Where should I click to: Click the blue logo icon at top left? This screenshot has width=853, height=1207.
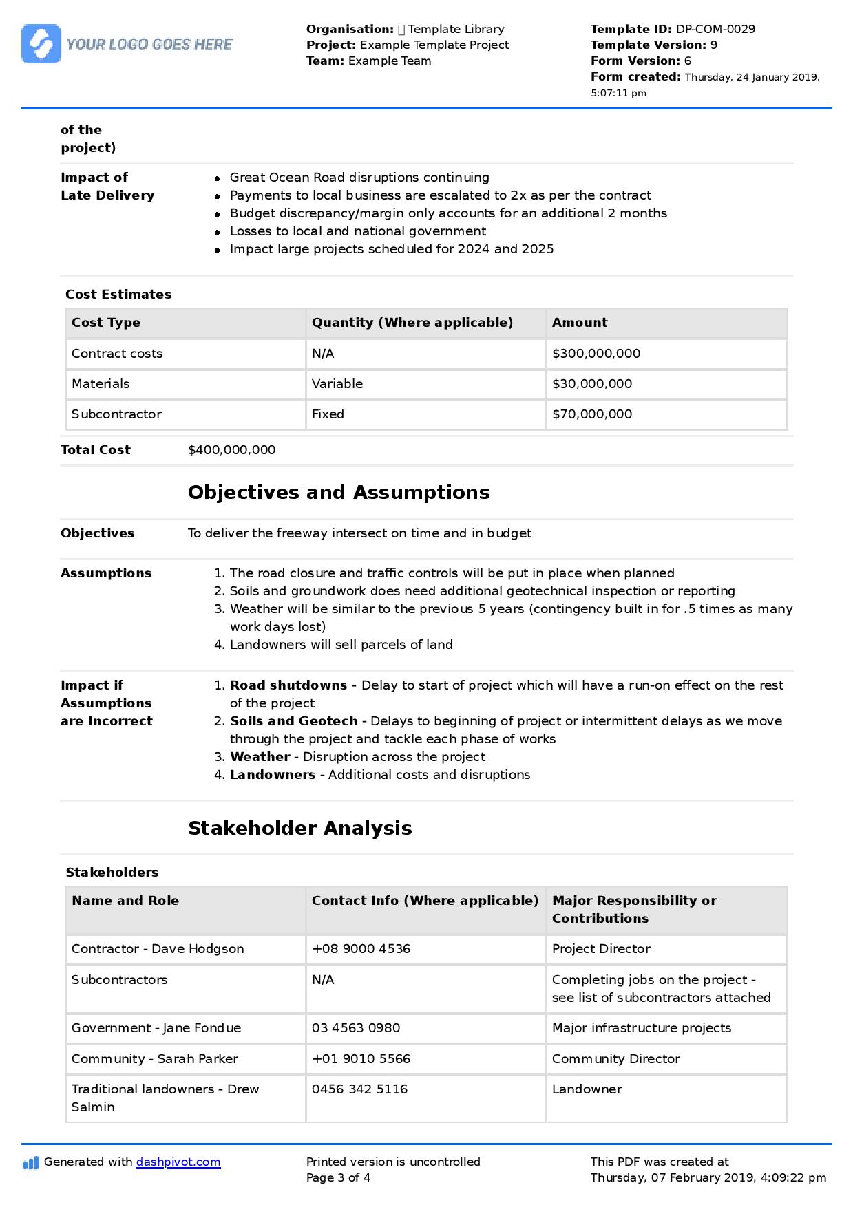(x=41, y=44)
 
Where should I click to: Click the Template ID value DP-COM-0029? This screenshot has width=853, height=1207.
(x=715, y=29)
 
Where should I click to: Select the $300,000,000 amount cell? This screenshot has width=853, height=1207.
(x=596, y=354)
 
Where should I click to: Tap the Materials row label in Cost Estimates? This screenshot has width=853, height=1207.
(x=101, y=384)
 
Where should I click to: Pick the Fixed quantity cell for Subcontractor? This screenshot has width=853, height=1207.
(x=328, y=414)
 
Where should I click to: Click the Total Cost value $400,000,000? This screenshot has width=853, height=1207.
(x=231, y=450)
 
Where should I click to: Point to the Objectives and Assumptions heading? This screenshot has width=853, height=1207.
(x=339, y=493)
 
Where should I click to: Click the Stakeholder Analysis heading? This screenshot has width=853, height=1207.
(x=299, y=829)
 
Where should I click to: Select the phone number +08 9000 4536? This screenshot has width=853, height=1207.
(x=361, y=949)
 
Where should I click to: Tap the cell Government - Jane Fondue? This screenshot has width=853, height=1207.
(x=156, y=1028)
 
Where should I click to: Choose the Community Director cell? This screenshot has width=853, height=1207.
(x=615, y=1059)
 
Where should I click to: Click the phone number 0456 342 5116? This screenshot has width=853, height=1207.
(x=359, y=1089)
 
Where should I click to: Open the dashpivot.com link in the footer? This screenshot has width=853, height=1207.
(x=178, y=1162)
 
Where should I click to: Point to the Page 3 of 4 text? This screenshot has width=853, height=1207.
(x=338, y=1178)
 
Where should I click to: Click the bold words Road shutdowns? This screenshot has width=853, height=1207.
(x=288, y=685)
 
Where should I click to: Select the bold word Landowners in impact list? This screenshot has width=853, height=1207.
(x=272, y=775)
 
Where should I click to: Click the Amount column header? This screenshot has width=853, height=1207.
(x=580, y=323)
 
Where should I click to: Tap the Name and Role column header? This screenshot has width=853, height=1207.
(x=125, y=901)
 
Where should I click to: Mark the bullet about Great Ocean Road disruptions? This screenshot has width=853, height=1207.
(x=359, y=178)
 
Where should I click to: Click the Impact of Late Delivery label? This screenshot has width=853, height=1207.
(x=107, y=186)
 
